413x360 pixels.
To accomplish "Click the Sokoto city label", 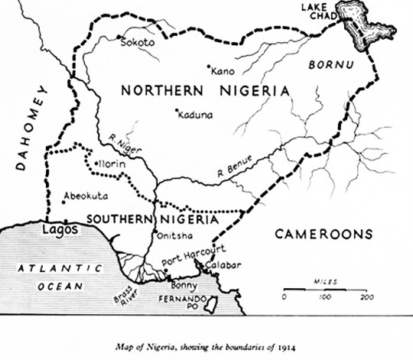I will coord(138,43).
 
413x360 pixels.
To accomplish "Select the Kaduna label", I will coord(194,115).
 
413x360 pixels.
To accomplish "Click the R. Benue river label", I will coord(236,171).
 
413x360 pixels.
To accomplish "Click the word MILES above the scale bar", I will coord(325,281).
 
